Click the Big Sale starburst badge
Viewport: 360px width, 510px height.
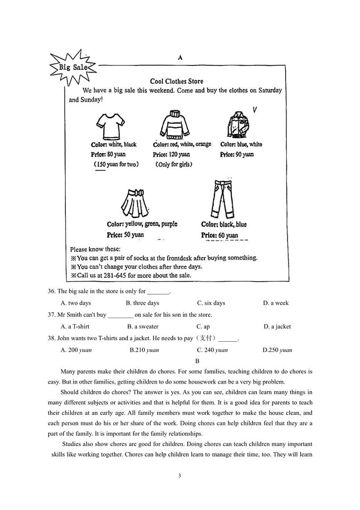pyautogui.click(x=73, y=68)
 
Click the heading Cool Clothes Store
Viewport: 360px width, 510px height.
pyautogui.click(x=177, y=81)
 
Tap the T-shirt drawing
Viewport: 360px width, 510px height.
pyautogui.click(x=110, y=126)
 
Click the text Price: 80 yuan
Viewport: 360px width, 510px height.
pyautogui.click(x=108, y=154)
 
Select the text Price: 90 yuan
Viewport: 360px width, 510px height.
pyautogui.click(x=237, y=154)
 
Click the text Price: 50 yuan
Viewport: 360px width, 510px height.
pyautogui.click(x=125, y=235)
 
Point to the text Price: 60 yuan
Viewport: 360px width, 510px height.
pyautogui.click(x=219, y=235)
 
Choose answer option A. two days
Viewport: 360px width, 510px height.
pyautogui.click(x=76, y=303)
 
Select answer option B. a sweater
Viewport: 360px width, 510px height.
pyautogui.click(x=143, y=327)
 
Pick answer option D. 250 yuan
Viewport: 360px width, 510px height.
pyautogui.click(x=277, y=350)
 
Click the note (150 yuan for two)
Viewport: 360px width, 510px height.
pyautogui.click(x=116, y=164)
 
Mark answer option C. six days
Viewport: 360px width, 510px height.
pyautogui.click(x=211, y=303)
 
